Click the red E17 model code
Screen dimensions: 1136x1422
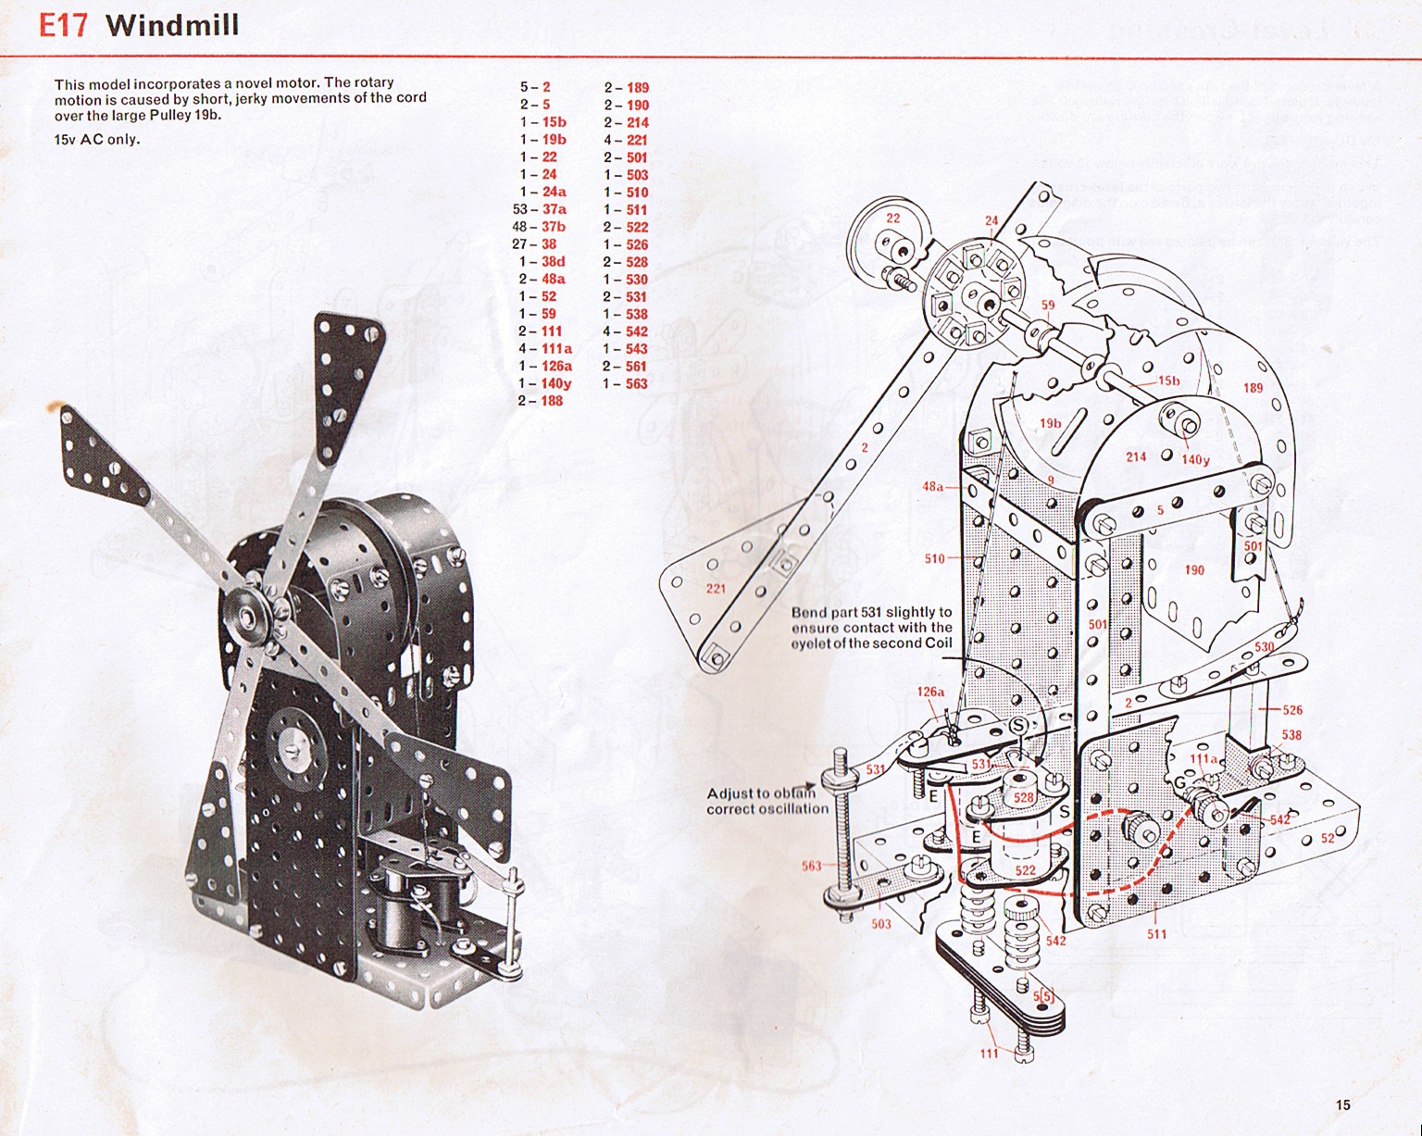point(63,24)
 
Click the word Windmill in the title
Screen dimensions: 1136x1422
point(172,24)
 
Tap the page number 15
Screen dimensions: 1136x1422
point(1343,1105)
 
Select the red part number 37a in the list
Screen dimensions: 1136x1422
point(554,209)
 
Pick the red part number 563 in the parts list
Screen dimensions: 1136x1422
point(636,383)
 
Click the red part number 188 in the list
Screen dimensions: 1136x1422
point(553,401)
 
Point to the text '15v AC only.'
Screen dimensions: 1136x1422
point(97,140)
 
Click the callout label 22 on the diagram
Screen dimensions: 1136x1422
point(892,218)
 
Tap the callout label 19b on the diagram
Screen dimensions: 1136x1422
point(1050,423)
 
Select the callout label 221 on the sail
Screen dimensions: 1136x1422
point(716,589)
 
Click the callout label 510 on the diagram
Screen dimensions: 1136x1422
point(934,558)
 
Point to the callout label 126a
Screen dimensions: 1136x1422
point(930,692)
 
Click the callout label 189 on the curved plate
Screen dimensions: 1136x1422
point(1253,388)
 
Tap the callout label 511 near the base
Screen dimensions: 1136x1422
point(1156,934)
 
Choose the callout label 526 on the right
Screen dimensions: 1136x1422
point(1292,710)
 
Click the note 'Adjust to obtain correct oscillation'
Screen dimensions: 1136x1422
point(767,801)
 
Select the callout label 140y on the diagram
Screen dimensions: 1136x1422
point(1195,459)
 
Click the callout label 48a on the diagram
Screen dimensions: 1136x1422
point(932,486)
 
